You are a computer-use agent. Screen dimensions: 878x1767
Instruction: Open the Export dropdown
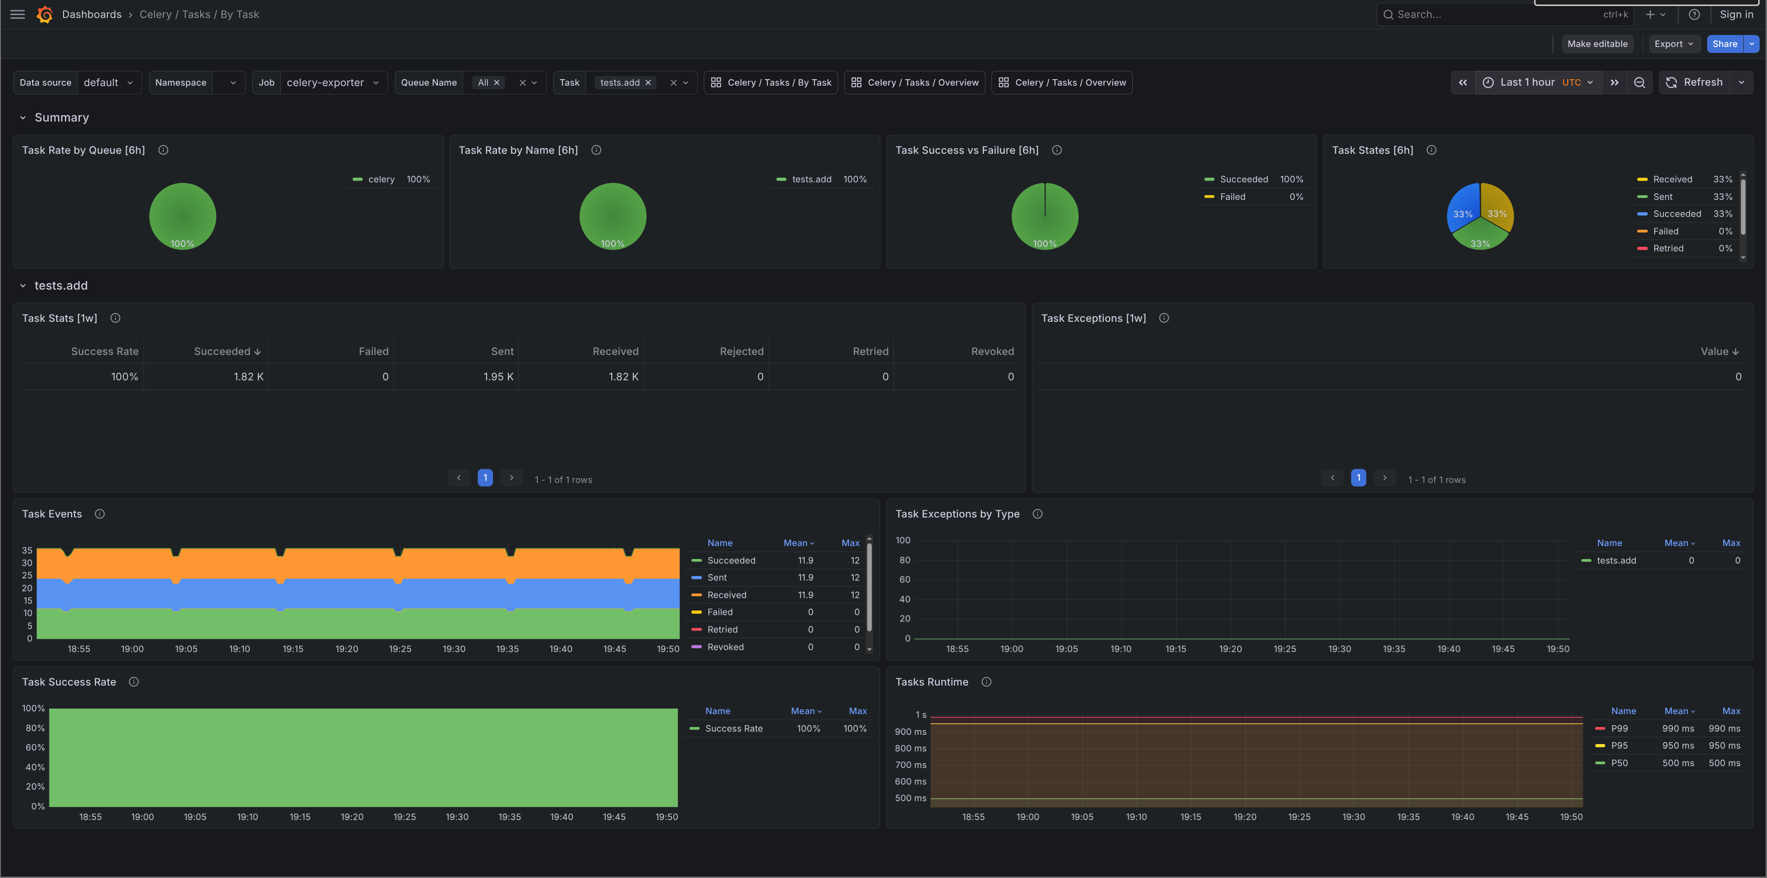[x=1673, y=44]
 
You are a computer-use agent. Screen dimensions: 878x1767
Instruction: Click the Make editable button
[x=1596, y=44]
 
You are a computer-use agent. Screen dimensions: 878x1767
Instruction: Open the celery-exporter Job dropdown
[x=332, y=82]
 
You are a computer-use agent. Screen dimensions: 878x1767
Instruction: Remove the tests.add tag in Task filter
[x=648, y=82]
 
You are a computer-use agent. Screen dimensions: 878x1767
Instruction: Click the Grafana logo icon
[x=45, y=14]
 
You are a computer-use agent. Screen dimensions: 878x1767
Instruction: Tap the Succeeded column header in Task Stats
[x=226, y=351]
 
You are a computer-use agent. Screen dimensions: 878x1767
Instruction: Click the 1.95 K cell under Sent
[x=498, y=377]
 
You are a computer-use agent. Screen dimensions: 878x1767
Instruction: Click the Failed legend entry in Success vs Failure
[x=1232, y=197]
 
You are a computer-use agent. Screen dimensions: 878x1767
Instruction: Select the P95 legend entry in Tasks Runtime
[x=1619, y=745]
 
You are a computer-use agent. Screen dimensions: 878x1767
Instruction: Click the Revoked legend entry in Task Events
[x=725, y=647]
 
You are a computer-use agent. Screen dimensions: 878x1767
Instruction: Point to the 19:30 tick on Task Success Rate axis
[x=457, y=817]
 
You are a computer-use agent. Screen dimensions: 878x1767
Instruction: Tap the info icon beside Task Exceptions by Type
[x=1037, y=514]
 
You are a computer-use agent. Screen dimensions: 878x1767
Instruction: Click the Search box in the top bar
[x=1495, y=14]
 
